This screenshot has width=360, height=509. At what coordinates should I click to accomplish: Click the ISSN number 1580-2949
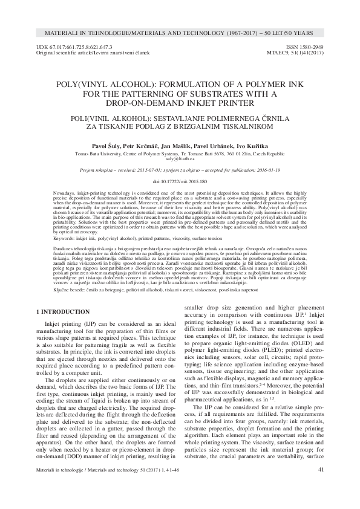click(x=310, y=47)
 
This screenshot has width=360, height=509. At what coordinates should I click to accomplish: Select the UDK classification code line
click(x=75, y=47)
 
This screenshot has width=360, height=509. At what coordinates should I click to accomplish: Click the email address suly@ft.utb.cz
click(x=180, y=159)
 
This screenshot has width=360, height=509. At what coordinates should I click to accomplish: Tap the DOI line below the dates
click(x=180, y=181)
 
